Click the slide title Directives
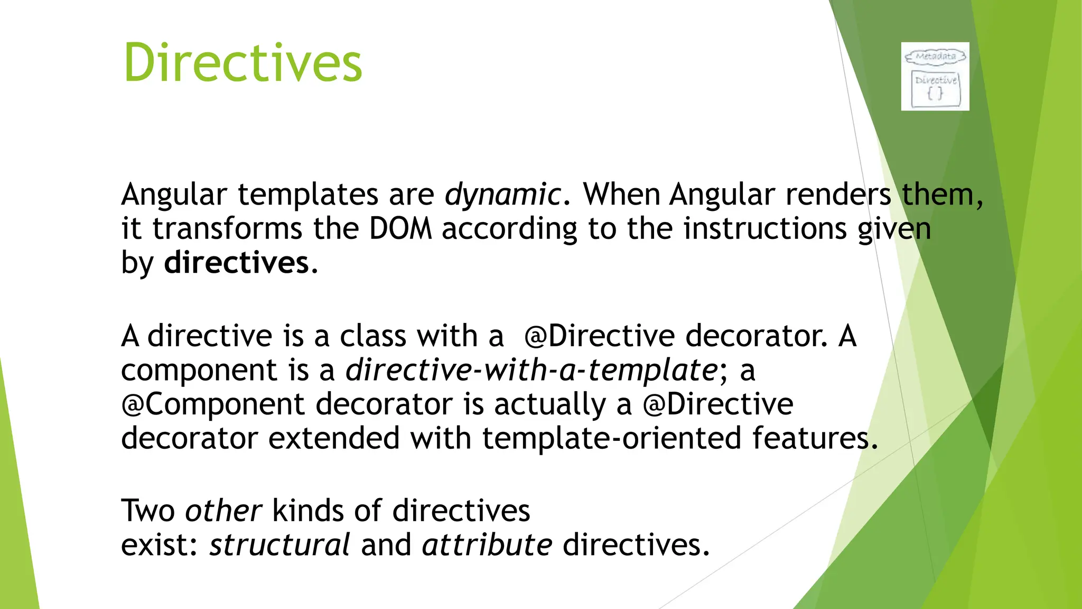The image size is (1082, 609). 242,63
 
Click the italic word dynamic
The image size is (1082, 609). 502,195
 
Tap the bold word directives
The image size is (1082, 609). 236,263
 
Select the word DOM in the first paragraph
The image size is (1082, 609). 400,229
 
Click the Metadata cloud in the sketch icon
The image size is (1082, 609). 935,56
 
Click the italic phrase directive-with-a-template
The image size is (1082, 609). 531,370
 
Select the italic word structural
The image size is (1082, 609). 279,545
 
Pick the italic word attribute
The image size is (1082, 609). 487,545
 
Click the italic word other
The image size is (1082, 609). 223,511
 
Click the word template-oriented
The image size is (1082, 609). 612,439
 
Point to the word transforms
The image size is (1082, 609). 227,229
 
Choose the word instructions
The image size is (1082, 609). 765,229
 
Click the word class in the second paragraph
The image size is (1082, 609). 372,336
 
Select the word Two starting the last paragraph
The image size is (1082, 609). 148,511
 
